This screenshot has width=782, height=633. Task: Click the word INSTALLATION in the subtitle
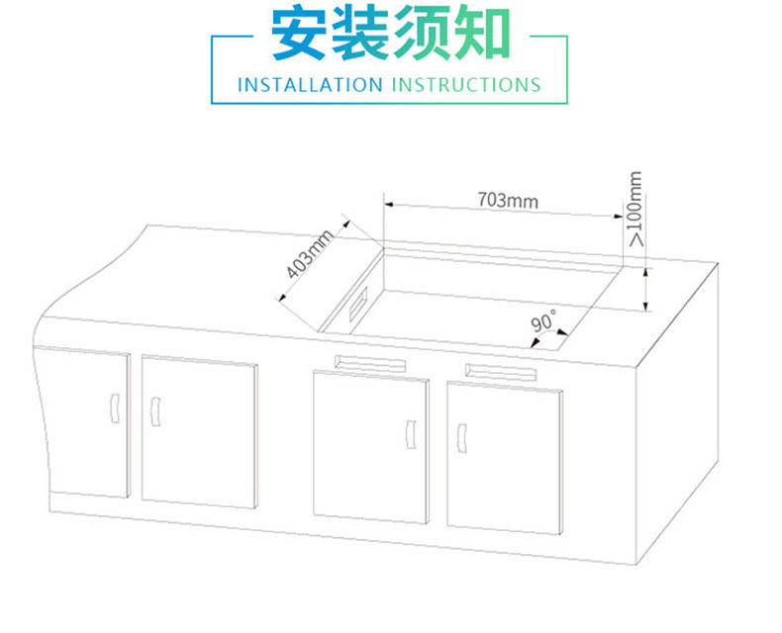coord(309,84)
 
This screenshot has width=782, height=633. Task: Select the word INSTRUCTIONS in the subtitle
coord(466,84)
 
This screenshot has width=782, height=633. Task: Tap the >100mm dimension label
coord(635,209)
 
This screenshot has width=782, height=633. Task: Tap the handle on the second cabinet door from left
coord(154,410)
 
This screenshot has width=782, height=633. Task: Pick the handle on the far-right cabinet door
coord(462,436)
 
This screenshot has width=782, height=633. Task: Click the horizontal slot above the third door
coord(371,362)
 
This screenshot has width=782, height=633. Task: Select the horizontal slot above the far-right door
coord(501,372)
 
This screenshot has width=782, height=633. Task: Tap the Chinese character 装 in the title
coord(360,36)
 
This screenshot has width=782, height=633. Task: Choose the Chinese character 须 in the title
coord(421,36)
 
